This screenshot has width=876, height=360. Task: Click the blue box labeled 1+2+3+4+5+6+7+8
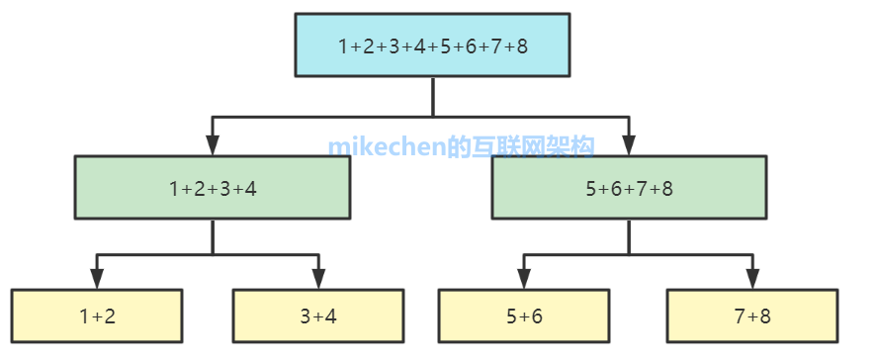click(x=432, y=45)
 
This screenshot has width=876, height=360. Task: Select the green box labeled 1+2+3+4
click(x=213, y=188)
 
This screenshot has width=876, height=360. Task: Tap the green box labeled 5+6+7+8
click(x=629, y=188)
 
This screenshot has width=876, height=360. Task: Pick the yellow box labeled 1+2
click(x=97, y=316)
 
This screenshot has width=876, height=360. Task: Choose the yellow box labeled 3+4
click(x=318, y=316)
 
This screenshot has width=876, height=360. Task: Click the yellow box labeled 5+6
click(x=524, y=316)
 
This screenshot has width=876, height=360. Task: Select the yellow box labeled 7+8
click(x=752, y=316)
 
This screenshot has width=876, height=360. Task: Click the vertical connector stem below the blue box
click(x=432, y=97)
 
